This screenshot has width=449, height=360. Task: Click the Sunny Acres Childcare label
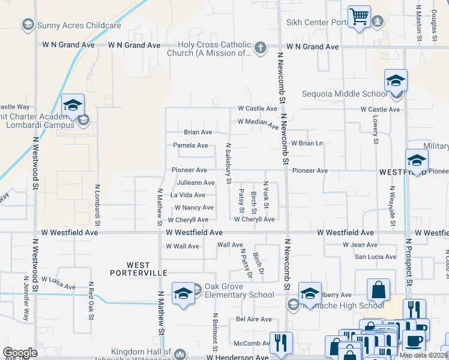pyautogui.click(x=70, y=25)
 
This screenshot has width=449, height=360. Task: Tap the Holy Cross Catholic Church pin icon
pyautogui.click(x=260, y=48)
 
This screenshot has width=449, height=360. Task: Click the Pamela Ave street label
pyautogui.click(x=190, y=145)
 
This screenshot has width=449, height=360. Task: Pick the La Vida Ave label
pyautogui.click(x=188, y=195)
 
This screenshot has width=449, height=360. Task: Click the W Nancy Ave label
pyautogui.click(x=193, y=208)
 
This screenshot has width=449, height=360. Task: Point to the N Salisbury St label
pyautogui.click(x=228, y=163)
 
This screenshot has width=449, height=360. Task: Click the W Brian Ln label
pyautogui.click(x=307, y=143)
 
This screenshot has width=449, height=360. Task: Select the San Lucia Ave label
pyautogui.click(x=375, y=257)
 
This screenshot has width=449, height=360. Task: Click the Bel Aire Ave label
pyautogui.click(x=254, y=319)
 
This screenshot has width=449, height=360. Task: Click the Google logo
pyautogui.click(x=20, y=352)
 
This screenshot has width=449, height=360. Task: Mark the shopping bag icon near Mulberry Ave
pyautogui.click(x=378, y=290)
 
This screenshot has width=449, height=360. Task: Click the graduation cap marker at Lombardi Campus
pyautogui.click(x=73, y=106)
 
